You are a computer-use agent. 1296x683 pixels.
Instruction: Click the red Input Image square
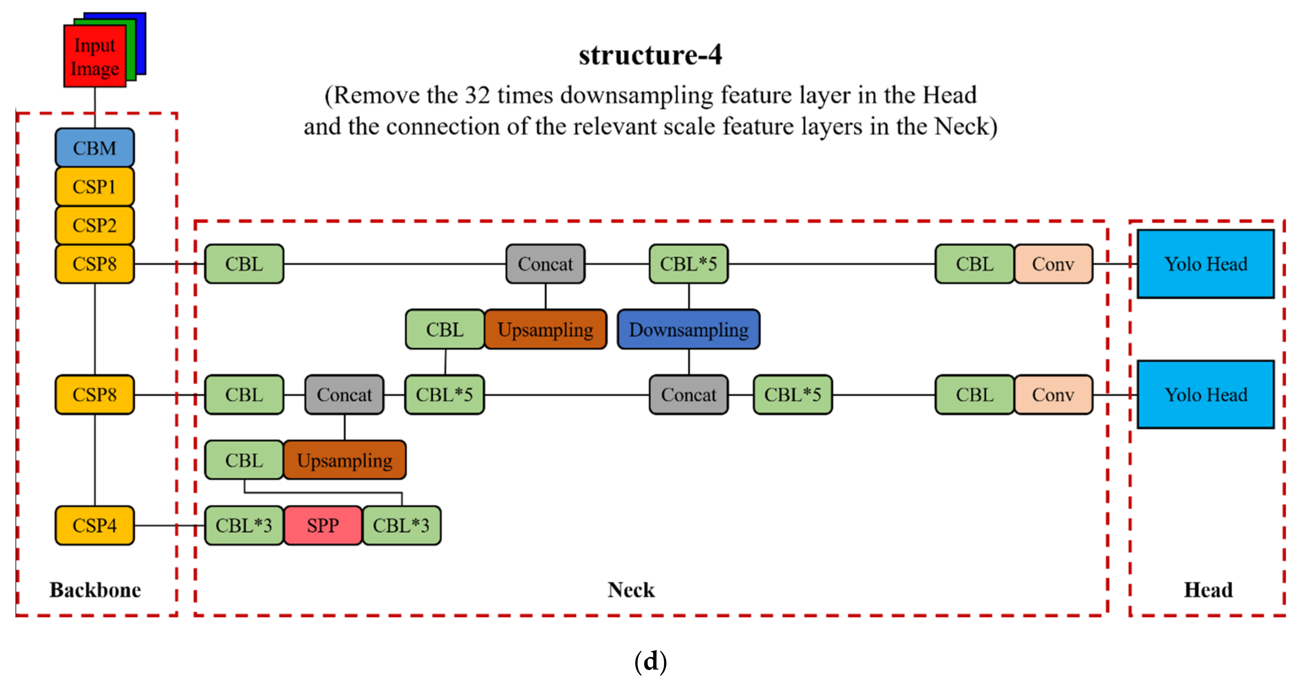95,56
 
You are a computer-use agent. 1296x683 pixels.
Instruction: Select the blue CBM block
95,148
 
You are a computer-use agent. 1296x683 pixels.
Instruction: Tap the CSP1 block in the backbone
95,187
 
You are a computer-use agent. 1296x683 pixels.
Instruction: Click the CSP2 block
95,225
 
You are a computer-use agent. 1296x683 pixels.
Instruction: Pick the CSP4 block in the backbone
95,526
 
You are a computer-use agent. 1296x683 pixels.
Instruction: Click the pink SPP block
323,526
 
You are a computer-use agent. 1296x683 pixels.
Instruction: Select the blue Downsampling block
688,330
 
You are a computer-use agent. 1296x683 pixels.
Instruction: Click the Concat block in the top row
545,264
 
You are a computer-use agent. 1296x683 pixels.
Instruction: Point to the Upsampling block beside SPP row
345,460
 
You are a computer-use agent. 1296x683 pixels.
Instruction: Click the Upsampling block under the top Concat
545,330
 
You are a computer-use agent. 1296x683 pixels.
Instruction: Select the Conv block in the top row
1053,264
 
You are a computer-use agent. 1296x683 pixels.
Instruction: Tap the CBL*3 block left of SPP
244,526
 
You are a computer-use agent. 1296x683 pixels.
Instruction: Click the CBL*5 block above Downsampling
688,264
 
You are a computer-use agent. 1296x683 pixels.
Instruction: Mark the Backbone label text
95,590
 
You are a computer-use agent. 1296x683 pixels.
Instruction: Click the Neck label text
631,590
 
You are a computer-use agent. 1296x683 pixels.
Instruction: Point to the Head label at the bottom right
1208,590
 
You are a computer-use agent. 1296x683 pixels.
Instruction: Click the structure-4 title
650,55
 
